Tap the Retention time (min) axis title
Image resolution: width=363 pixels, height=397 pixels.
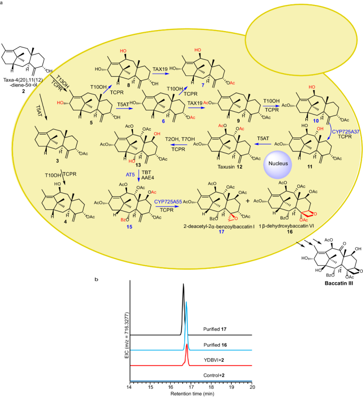pyautogui.click(x=191, y=394)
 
